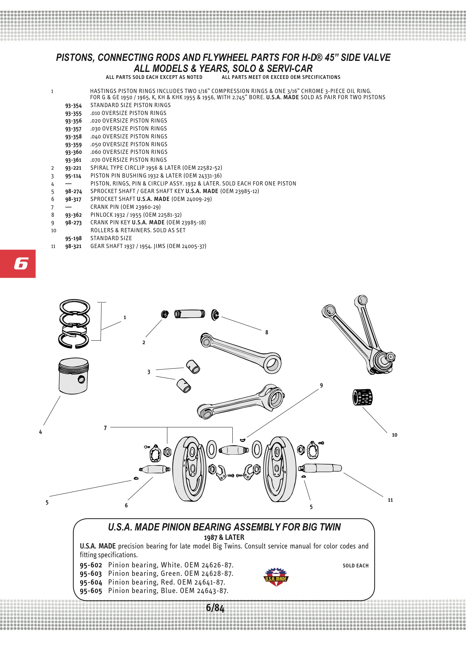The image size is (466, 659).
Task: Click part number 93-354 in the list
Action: point(73,106)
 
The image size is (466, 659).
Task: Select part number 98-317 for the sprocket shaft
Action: point(73,199)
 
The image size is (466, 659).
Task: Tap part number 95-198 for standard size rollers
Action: point(73,238)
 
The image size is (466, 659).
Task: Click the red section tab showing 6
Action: point(18,264)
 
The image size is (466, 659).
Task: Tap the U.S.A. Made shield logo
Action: point(276,577)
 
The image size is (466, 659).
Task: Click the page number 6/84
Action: point(215,608)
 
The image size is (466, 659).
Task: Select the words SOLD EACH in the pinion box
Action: point(355,566)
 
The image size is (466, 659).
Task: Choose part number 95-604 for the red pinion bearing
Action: point(91,583)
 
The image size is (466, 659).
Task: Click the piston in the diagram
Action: point(73,376)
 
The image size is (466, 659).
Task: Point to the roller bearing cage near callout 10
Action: point(362,397)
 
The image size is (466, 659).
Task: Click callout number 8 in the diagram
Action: point(267,332)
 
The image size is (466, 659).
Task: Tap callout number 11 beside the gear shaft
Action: point(390,500)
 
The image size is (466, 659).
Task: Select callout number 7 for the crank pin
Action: point(105,428)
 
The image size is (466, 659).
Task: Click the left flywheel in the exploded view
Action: point(189,469)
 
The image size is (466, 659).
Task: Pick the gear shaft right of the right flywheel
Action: point(320,468)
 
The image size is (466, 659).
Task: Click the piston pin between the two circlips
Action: point(190,314)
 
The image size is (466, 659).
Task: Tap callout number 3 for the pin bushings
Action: point(149,372)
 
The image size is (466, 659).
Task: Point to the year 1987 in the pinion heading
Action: point(211,538)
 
